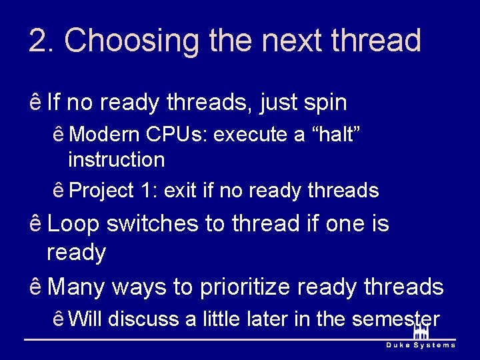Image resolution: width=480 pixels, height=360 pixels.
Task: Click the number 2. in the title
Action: tap(41, 41)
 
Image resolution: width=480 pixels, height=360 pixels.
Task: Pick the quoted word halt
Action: tap(337, 135)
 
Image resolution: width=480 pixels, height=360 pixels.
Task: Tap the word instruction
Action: tap(116, 160)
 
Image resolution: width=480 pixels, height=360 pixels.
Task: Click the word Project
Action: tap(102, 191)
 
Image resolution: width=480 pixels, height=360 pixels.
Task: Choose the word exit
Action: tap(181, 191)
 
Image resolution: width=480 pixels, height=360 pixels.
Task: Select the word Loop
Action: tap(73, 224)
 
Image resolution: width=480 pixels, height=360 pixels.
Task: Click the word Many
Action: tap(76, 287)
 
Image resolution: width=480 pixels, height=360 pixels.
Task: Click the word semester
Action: tap(395, 319)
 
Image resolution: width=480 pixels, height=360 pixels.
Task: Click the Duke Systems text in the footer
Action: tap(421, 345)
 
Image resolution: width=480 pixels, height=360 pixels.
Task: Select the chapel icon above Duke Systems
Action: tap(421, 331)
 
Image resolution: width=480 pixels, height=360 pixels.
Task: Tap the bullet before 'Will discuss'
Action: tap(59, 319)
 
